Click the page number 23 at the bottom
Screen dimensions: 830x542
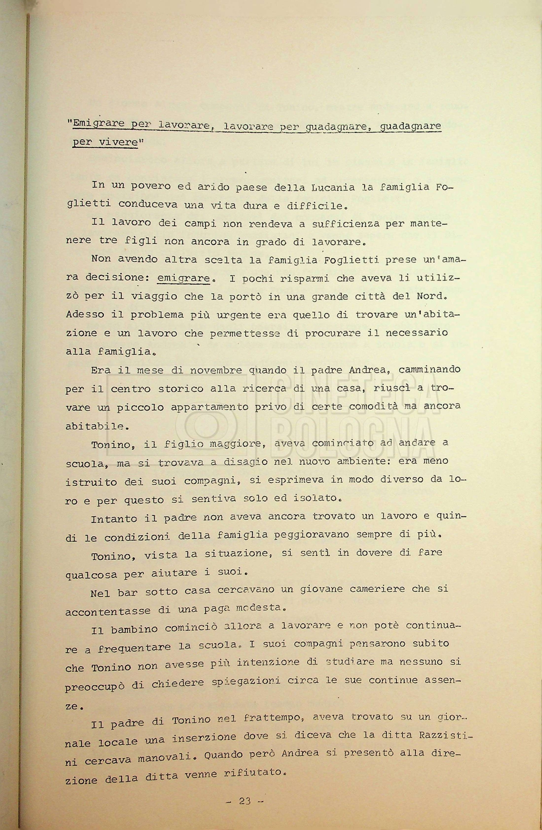point(244,801)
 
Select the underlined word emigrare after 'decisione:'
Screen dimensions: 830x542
point(184,278)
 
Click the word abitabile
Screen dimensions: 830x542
point(97,426)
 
